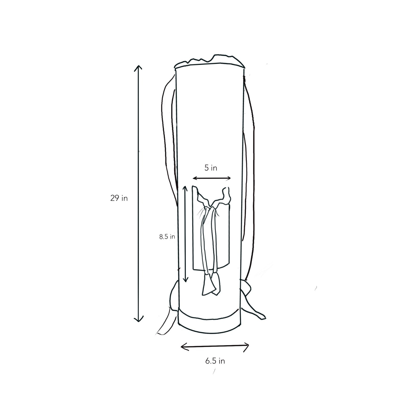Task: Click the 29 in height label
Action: click(x=119, y=198)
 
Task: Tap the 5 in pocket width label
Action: click(x=211, y=168)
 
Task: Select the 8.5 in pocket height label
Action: click(x=167, y=237)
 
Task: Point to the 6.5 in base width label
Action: click(x=215, y=361)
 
